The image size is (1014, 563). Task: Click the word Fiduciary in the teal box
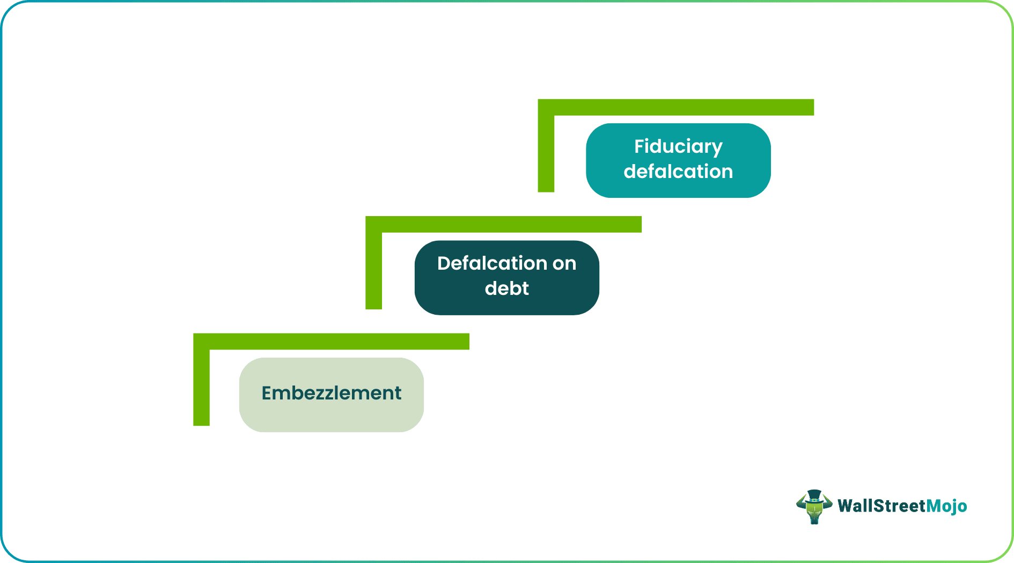(678, 146)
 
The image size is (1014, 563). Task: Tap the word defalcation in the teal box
(678, 172)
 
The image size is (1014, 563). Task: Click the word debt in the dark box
(506, 288)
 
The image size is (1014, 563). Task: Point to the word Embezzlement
(331, 393)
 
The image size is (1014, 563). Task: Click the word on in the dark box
(564, 263)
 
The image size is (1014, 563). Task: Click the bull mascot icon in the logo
(814, 507)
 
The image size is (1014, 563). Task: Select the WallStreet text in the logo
(881, 506)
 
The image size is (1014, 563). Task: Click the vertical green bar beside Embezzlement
(201, 386)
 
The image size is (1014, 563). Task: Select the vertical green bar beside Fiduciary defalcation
(546, 153)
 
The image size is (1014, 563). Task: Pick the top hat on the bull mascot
(814, 494)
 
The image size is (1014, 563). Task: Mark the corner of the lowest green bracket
(201, 342)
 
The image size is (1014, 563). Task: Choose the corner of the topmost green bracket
(546, 107)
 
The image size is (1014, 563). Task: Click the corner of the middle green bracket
(373, 224)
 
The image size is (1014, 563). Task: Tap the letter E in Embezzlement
(267, 393)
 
